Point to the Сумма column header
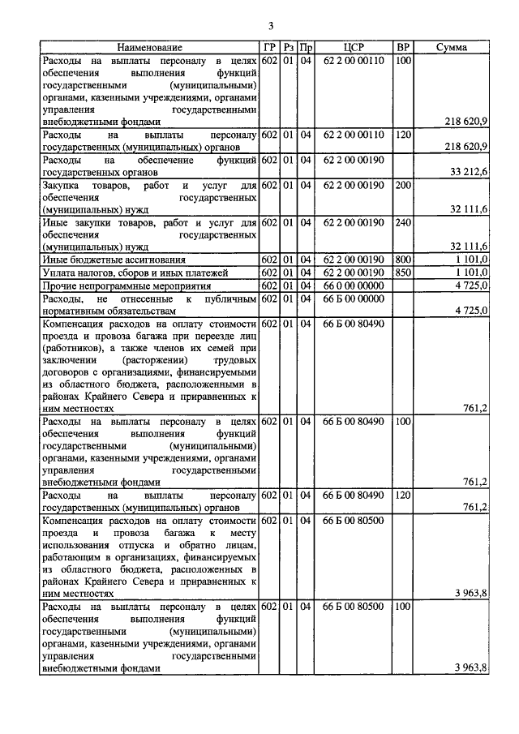451,48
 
